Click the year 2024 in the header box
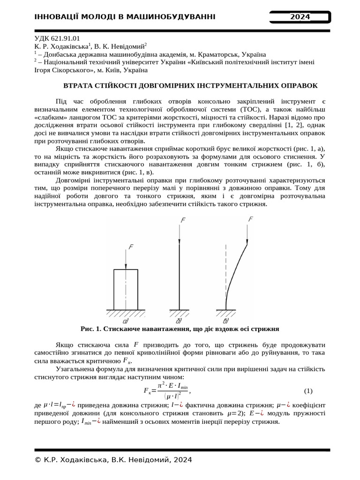tap(300, 17)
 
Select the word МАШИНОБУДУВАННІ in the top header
tap(172, 17)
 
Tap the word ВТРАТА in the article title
tap(78, 86)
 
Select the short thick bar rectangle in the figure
tap(126, 289)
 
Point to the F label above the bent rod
tap(251, 219)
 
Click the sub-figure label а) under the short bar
tap(126, 321)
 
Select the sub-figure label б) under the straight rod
tap(179, 321)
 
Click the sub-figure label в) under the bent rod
tap(225, 321)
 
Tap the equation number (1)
tap(308, 390)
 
